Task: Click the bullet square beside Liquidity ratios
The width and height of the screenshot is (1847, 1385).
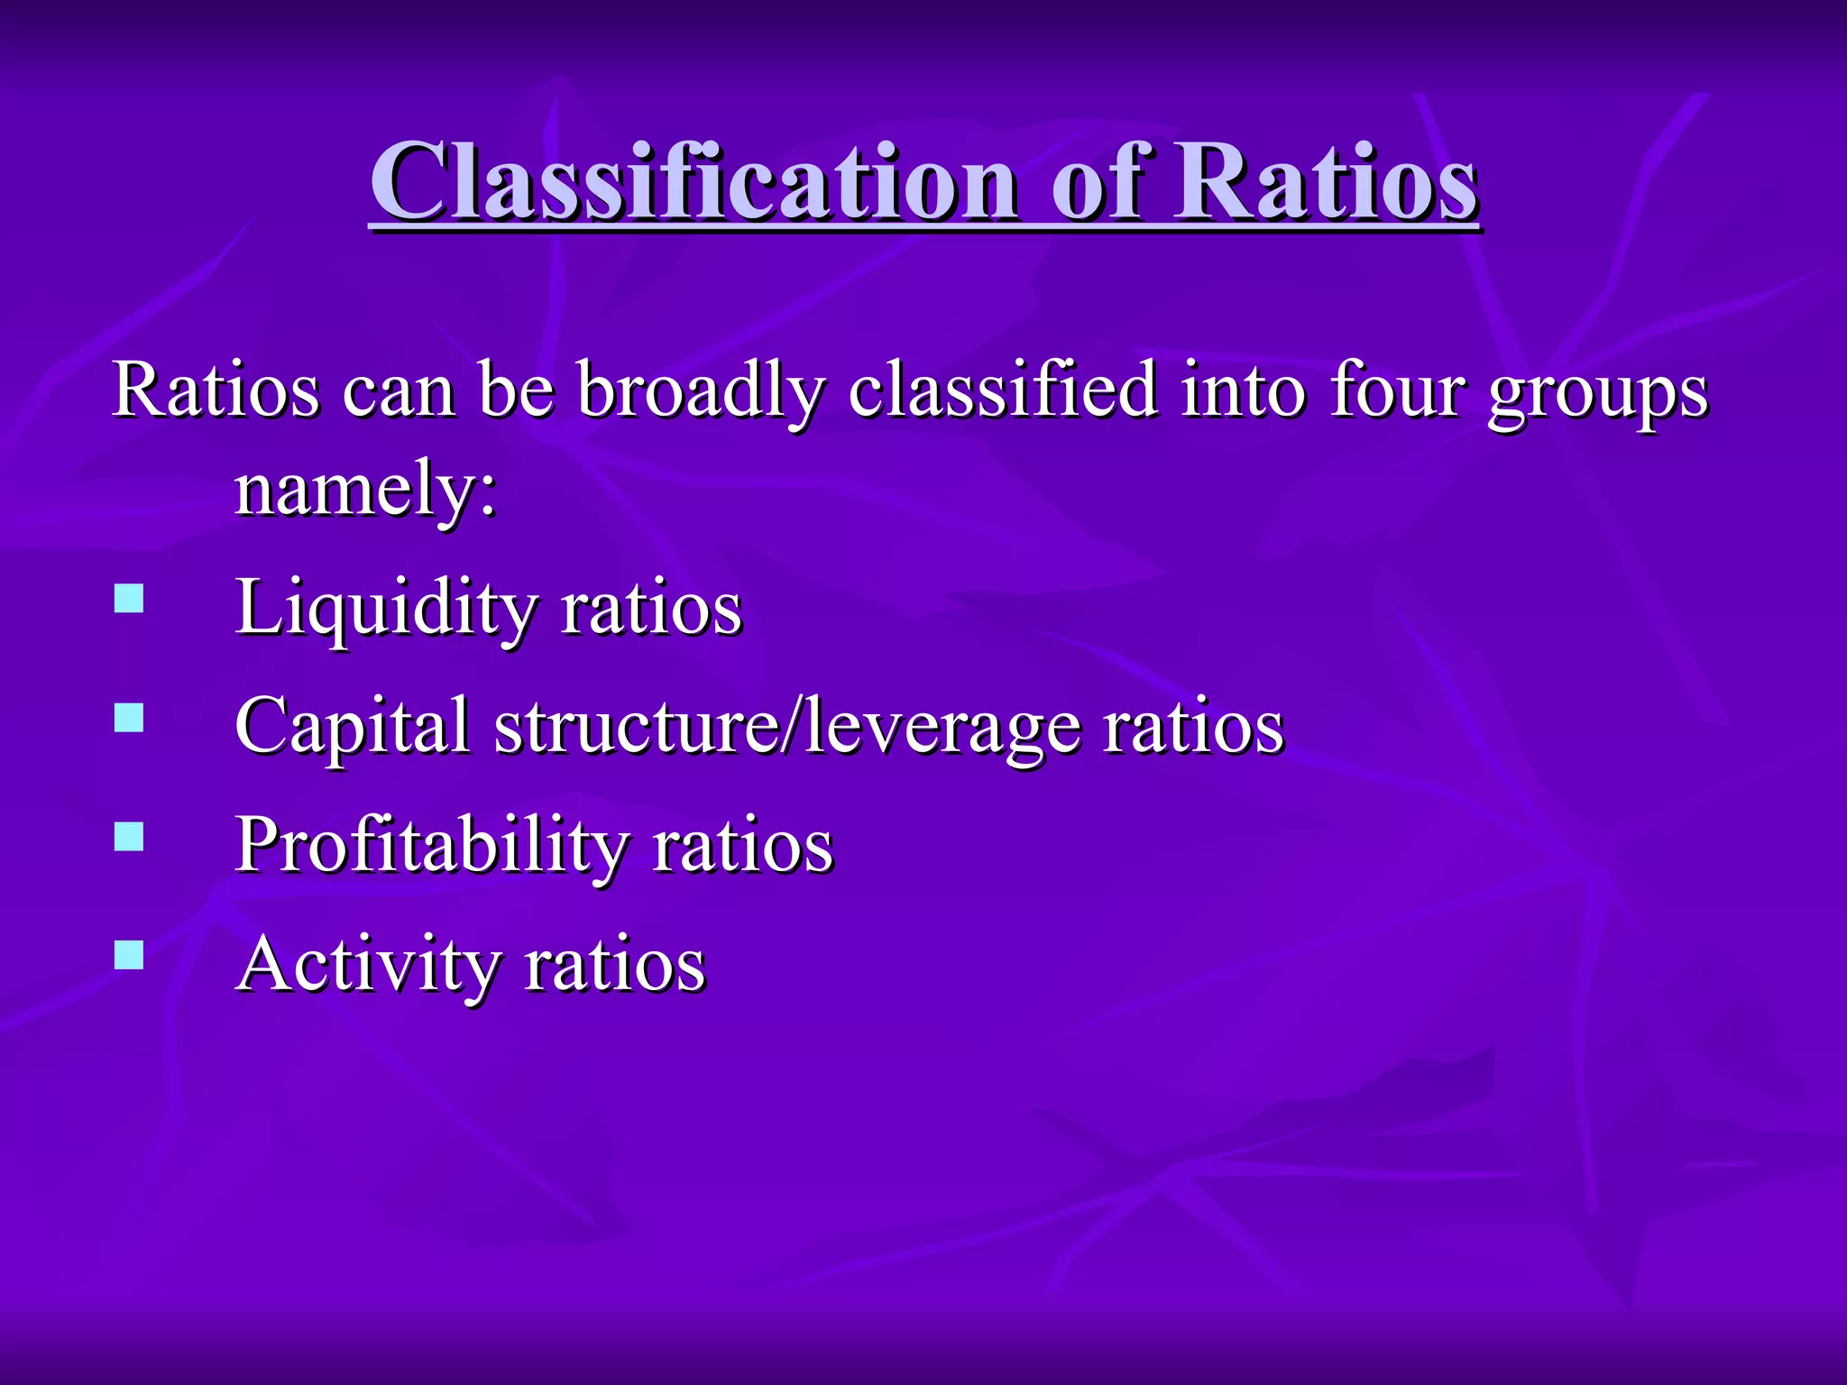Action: pos(129,599)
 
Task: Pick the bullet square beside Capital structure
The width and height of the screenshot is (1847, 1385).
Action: pos(129,718)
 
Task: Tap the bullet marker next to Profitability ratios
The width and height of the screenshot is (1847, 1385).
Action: pos(129,837)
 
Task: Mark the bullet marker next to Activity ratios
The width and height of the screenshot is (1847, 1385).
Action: pos(129,955)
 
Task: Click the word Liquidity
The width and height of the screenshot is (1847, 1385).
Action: pos(386,609)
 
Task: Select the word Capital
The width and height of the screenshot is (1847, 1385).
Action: pos(352,727)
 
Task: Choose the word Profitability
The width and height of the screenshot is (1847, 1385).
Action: pos(431,846)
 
